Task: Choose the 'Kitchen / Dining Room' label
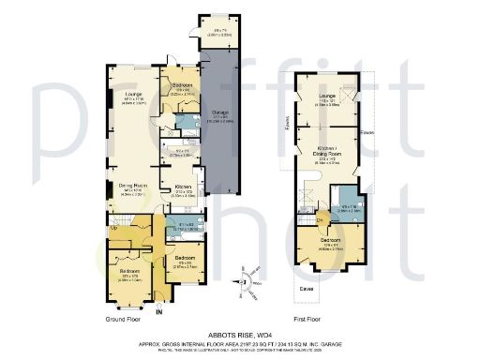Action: point(327,159)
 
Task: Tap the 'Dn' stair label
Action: point(319,220)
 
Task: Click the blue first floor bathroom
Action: point(347,208)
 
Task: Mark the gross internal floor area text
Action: point(240,344)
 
